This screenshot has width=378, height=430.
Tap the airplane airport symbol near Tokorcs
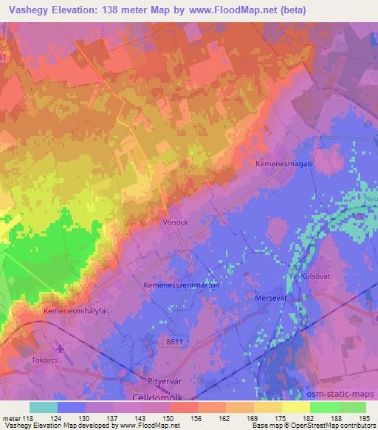click(x=60, y=347)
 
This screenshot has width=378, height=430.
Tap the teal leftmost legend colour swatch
click(x=43, y=407)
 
